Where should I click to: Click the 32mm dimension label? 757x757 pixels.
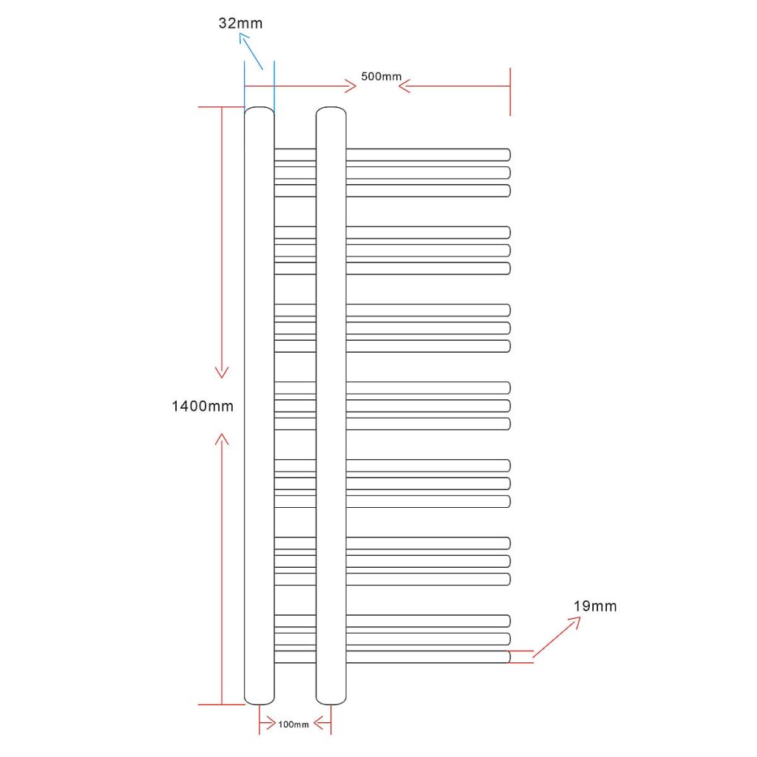(240, 23)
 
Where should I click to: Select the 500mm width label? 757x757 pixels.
(381, 76)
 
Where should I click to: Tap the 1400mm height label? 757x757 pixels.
(203, 406)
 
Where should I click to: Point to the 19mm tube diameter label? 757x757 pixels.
(595, 606)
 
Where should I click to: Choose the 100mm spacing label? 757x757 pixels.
(293, 724)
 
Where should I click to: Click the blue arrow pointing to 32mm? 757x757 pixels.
(251, 51)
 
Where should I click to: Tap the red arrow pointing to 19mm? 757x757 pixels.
(557, 637)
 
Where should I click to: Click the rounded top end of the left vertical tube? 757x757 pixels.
(259, 111)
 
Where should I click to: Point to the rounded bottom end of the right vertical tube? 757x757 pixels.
(331, 701)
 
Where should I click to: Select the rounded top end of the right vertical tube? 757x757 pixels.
(331, 111)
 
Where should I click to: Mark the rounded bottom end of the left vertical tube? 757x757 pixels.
(259, 701)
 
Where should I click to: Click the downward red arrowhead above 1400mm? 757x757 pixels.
(222, 373)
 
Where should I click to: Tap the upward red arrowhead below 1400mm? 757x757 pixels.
(222, 439)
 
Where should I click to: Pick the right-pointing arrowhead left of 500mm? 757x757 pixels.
(351, 86)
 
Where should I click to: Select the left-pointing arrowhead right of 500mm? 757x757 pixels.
(404, 86)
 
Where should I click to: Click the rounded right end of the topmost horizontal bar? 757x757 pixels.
(507, 155)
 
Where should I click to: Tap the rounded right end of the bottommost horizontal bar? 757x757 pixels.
(507, 656)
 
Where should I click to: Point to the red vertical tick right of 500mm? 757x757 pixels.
(510, 92)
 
